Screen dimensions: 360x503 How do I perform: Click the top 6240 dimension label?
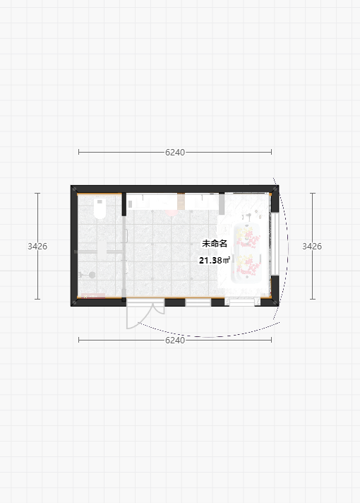pos(175,153)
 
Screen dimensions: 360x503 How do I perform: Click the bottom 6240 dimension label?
pos(175,340)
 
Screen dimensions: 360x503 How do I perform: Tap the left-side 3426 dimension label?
pos(37,246)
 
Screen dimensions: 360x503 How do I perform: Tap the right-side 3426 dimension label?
pos(312,246)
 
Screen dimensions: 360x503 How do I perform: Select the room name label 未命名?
pos(215,244)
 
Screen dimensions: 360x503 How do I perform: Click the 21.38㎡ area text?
pos(215,261)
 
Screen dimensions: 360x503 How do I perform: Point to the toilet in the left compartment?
pos(100,208)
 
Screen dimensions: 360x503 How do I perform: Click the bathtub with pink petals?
pos(246,253)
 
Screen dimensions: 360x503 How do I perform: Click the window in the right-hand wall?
pos(275,243)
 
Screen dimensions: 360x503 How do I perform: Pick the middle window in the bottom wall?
pos(198,302)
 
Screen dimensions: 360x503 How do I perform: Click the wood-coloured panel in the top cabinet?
pos(181,201)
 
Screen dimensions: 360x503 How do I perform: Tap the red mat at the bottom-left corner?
pos(93,296)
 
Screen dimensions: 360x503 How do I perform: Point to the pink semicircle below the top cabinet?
pos(172,213)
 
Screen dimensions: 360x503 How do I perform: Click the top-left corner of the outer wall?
pos(71,185)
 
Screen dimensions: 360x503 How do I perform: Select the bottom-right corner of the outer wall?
pos(279,306)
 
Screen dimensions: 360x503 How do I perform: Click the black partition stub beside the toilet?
pos(124,204)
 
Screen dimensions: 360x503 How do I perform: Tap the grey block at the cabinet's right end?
pos(222,204)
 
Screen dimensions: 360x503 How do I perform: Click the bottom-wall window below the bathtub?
pos(242,302)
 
